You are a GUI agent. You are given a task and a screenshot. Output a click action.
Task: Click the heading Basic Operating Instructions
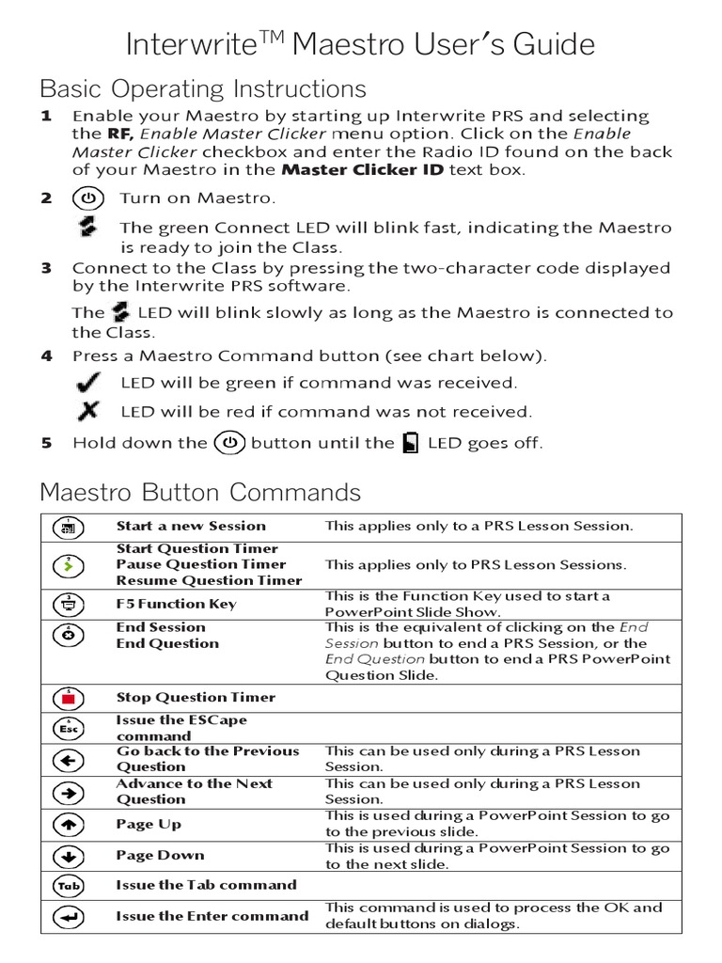(202, 90)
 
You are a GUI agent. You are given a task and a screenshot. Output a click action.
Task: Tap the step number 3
(46, 268)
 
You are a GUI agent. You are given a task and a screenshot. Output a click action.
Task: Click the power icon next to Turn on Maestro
(87, 198)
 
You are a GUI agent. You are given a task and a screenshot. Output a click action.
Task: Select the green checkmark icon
(90, 383)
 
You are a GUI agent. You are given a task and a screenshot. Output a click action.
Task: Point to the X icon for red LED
(89, 411)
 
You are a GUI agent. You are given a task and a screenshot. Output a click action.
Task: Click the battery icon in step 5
(410, 443)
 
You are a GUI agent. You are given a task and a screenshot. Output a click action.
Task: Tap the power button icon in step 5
(229, 442)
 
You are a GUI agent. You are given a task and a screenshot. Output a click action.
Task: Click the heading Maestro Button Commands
(200, 493)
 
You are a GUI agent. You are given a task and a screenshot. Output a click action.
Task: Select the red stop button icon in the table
(69, 698)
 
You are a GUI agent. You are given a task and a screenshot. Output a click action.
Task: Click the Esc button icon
(69, 727)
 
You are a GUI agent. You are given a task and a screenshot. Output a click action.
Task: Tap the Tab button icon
(69, 886)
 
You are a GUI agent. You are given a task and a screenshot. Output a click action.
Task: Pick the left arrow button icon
(69, 760)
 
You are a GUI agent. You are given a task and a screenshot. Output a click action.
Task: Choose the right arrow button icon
(69, 792)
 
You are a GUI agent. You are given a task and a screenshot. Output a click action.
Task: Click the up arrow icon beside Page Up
(69, 825)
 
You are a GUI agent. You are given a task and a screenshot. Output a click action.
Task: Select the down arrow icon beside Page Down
(69, 856)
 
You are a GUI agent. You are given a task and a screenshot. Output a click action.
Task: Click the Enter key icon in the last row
(69, 916)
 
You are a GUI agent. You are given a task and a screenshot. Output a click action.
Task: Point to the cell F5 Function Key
(176, 605)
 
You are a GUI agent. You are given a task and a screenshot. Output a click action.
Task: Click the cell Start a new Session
(191, 527)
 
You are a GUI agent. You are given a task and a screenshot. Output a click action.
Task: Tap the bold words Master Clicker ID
(363, 170)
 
